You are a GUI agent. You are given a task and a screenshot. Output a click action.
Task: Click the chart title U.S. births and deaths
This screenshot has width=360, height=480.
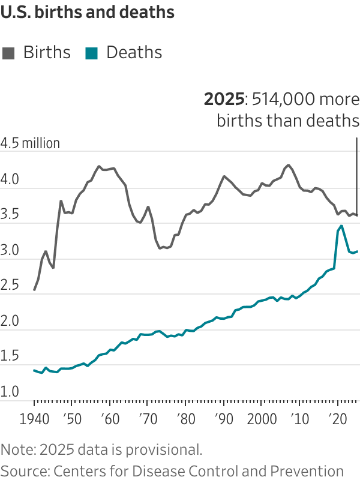(88, 13)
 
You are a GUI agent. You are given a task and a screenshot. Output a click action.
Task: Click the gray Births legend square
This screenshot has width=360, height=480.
(9, 53)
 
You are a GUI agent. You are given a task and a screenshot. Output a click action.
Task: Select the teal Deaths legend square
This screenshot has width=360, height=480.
(92, 53)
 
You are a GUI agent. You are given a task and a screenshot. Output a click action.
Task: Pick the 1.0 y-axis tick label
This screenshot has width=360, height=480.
(10, 392)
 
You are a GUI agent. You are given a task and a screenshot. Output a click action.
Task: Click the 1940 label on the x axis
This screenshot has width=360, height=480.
(34, 418)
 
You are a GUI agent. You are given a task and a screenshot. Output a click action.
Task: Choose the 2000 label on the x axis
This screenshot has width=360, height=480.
(262, 418)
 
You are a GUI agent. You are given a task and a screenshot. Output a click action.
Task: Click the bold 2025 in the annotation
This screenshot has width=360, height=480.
(225, 99)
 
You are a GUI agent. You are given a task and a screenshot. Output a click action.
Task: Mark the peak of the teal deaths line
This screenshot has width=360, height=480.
(341, 226)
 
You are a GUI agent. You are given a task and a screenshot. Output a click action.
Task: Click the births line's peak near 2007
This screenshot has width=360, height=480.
(289, 164)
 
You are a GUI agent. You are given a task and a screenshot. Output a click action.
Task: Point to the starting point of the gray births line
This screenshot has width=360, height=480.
(34, 290)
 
